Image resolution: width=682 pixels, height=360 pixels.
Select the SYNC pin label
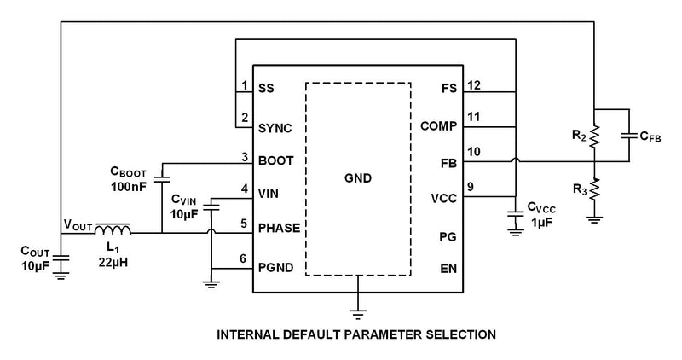pos(275,128)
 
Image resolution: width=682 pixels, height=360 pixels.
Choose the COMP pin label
pos(439,126)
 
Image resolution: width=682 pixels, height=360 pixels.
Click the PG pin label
pos(449,235)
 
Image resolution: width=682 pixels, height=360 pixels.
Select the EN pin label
pos(449,268)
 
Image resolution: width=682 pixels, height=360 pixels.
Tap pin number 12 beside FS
pos(475,84)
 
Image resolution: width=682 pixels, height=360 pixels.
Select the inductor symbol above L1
pos(113,229)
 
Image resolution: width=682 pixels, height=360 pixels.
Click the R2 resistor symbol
pos(596,135)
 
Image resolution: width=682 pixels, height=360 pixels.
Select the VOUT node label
pos(77,224)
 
